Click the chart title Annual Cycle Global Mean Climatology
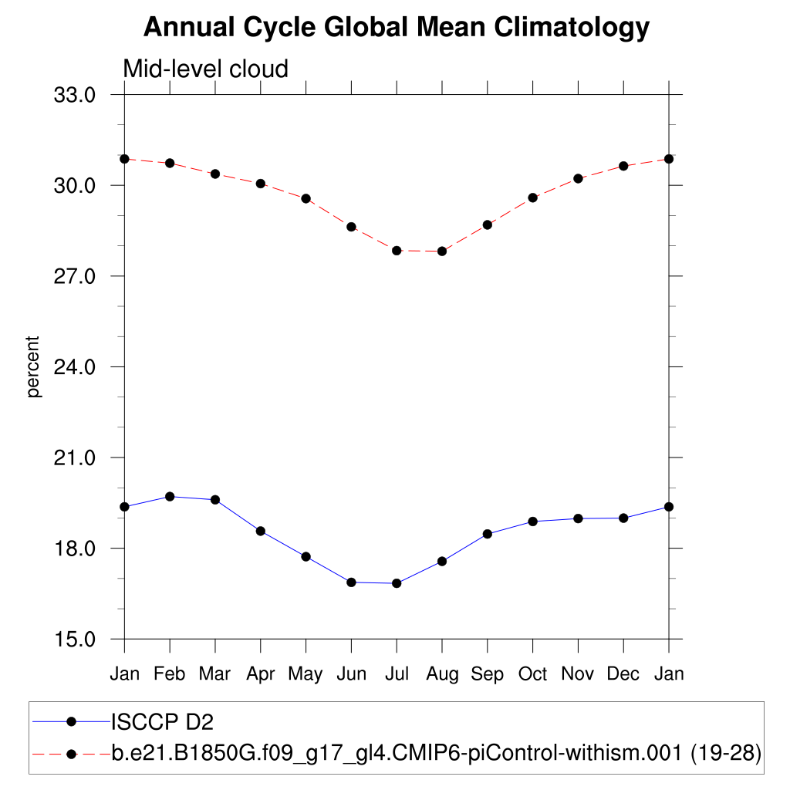pos(397,28)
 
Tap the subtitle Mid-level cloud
pos(205,69)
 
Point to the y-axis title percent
pos(33,366)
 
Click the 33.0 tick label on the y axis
pos(73,95)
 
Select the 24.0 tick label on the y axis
pos(73,366)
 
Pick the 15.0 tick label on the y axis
pos(73,639)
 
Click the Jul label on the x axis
pos(397,674)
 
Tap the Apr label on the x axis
pos(261,674)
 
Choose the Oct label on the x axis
pos(532,674)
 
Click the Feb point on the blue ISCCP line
pos(170,496)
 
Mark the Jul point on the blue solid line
pos(397,583)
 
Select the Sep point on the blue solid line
pos(487,534)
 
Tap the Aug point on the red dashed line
pos(442,251)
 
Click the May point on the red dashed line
pos(306,198)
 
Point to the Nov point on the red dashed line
pos(578,178)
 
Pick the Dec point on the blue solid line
pos(623,518)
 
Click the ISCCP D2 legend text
pos(162,722)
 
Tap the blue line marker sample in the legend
pos(72,722)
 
